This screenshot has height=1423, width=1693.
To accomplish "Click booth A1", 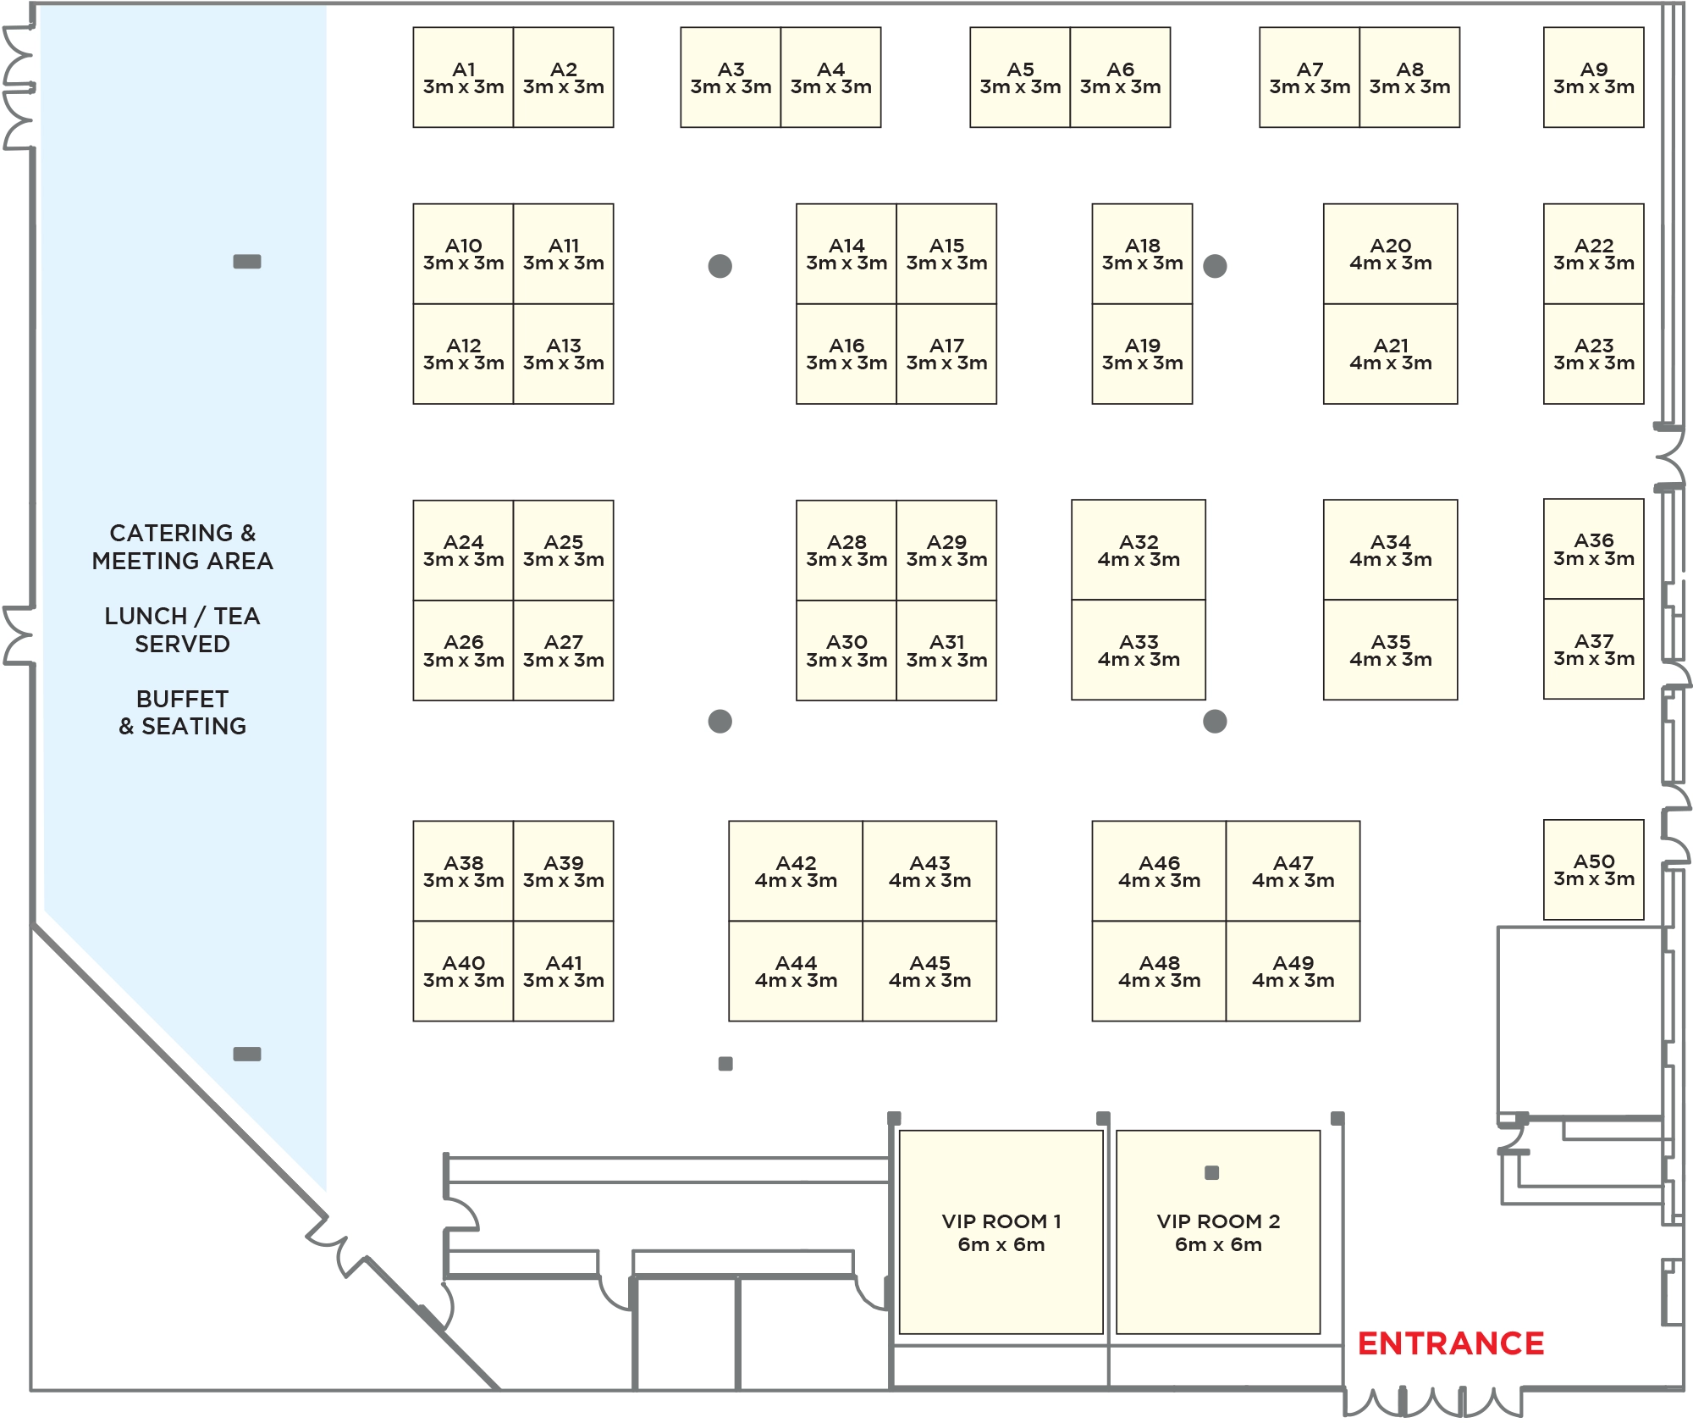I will pyautogui.click(x=463, y=77).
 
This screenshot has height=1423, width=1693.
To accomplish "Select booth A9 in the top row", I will pyautogui.click(x=1593, y=77).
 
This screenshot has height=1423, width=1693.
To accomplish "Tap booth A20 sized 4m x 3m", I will pyautogui.click(x=1390, y=253).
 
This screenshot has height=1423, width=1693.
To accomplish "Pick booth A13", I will pyautogui.click(x=563, y=353).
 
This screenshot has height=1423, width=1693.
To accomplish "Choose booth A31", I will pyautogui.click(x=946, y=651).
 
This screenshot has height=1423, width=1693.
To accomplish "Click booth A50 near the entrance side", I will pyautogui.click(x=1593, y=869).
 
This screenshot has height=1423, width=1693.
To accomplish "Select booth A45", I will pyautogui.click(x=929, y=971).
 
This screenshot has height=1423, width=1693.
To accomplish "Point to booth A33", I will pyautogui.click(x=1138, y=650).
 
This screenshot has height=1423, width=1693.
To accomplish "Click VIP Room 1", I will pyautogui.click(x=1001, y=1232).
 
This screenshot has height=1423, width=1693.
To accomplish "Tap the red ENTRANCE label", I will pyautogui.click(x=1451, y=1343).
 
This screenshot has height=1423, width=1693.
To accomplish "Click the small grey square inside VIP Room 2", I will pyautogui.click(x=1211, y=1173).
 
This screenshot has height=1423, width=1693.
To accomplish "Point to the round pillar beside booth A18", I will pyautogui.click(x=1215, y=266).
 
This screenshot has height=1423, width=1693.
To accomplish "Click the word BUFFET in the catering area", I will pyautogui.click(x=182, y=699).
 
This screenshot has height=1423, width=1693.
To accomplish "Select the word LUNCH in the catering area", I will pyautogui.click(x=145, y=616).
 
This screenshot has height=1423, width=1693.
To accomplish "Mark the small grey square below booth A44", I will pyautogui.click(x=725, y=1064).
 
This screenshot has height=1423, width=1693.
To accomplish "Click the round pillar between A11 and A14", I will pyautogui.click(x=720, y=266).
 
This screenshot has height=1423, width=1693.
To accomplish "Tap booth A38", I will pyautogui.click(x=463, y=871).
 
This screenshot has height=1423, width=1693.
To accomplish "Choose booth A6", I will pyautogui.click(x=1120, y=77).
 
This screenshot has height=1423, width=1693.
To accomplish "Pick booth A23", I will pyautogui.click(x=1593, y=353).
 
